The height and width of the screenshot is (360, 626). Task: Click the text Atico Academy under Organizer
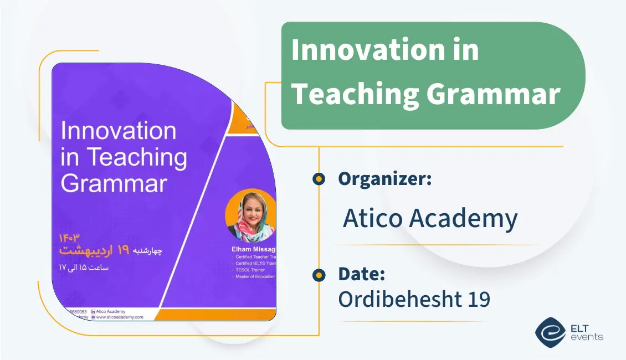coord(430,219)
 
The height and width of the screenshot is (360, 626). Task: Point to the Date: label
coord(361,274)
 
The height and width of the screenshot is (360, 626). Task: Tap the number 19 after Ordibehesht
coord(475,300)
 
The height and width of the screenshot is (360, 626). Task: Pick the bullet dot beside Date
coord(319,275)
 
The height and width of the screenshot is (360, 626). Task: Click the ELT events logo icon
coord(550,331)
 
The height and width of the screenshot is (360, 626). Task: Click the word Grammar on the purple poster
coord(114,183)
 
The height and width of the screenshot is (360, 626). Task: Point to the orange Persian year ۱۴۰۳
coord(69,238)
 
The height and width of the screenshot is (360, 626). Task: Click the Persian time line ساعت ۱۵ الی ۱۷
coord(84,268)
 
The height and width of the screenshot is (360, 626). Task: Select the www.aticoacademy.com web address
coord(120,317)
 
